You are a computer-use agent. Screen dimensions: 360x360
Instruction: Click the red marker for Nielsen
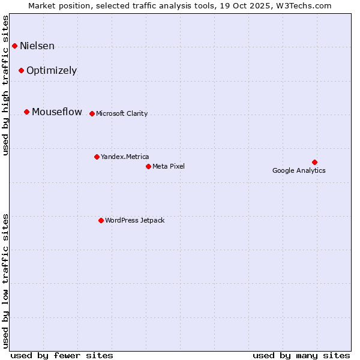pos(14,46)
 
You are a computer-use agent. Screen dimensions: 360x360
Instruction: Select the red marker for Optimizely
pos(21,70)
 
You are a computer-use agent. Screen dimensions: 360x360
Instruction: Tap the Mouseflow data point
pos(26,112)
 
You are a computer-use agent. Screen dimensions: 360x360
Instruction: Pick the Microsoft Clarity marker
pos(92,113)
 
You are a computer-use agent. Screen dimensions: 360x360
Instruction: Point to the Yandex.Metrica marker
pos(97,157)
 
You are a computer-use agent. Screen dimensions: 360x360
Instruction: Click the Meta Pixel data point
pos(148,166)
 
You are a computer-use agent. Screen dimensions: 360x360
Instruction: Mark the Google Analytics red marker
pos(314,162)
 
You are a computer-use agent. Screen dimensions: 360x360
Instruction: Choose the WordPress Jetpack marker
pos(101,220)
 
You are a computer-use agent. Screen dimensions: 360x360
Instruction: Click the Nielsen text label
pos(37,46)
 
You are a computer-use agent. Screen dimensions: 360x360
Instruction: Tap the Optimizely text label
pos(52,70)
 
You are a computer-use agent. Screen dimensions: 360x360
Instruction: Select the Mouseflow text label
pos(57,112)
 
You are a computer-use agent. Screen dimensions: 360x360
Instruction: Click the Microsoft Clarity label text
pos(122,113)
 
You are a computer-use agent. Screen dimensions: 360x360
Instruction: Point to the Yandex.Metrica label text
pos(125,157)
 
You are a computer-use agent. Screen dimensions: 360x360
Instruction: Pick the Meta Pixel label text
pos(169,166)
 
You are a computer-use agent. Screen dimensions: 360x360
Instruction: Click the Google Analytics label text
pos(299,170)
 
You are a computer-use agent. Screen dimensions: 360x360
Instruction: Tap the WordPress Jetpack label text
pos(134,220)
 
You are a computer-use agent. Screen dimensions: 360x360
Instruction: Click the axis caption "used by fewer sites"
pos(62,355)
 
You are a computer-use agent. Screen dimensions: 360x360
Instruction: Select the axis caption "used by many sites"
pos(301,355)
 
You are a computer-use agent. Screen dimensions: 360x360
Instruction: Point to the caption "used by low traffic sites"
pos(6,280)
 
